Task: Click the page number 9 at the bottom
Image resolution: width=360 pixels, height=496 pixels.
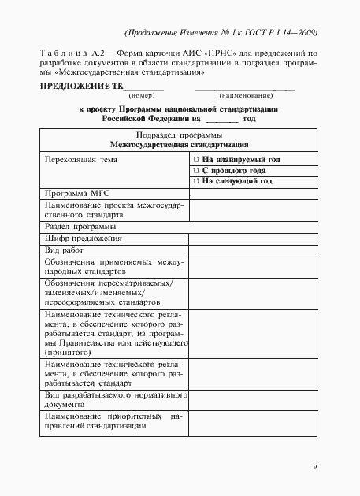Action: click(314, 467)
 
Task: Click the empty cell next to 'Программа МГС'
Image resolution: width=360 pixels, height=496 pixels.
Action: click(253, 192)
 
